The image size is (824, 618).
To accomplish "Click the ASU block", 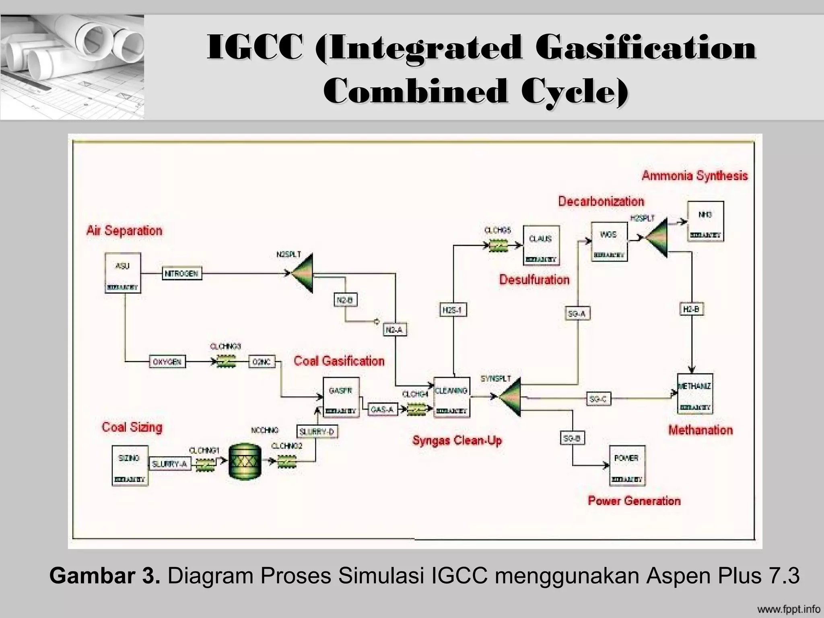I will [x=123, y=273].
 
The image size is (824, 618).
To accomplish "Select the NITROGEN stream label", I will [x=182, y=274].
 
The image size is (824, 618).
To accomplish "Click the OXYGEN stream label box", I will [x=167, y=362].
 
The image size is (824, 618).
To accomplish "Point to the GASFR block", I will [x=340, y=397].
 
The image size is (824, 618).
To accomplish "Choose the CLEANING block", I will [x=451, y=397].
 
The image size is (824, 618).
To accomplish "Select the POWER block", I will [x=627, y=465].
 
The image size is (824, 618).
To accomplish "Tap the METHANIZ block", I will [x=694, y=393].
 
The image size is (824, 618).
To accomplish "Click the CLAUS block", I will [x=541, y=245].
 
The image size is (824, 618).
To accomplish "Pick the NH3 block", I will [x=705, y=221].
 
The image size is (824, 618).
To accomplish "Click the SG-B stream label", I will [x=572, y=438].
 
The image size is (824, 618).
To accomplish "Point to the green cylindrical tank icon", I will [x=245, y=461].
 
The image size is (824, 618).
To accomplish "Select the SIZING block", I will [x=130, y=465].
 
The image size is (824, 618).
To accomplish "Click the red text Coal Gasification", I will [x=339, y=361].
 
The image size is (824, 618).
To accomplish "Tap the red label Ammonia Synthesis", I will [x=694, y=176].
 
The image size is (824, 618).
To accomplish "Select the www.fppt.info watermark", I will [x=788, y=608].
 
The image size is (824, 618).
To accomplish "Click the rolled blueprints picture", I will [x=72, y=67].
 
